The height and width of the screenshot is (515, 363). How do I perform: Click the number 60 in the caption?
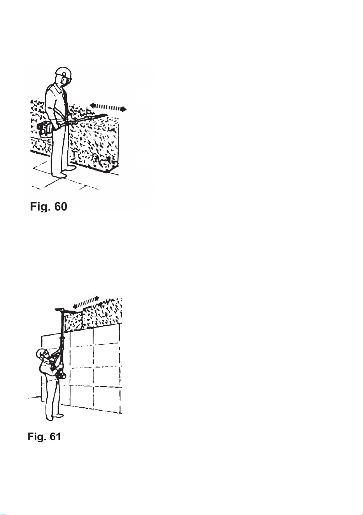point(61,207)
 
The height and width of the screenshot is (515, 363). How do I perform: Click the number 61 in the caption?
point(55,436)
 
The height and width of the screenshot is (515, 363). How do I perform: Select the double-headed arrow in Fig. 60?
point(108,107)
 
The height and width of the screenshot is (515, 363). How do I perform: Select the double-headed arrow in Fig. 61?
point(86,303)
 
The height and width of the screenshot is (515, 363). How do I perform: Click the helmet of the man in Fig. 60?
point(63,73)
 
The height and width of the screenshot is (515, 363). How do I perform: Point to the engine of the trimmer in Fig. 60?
point(45,130)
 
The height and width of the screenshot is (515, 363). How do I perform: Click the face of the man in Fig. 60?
point(66,82)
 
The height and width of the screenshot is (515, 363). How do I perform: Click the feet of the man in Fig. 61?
point(54,416)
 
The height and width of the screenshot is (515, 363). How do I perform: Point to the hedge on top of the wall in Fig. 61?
point(93,314)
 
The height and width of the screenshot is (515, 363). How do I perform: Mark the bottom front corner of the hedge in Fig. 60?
point(108,172)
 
